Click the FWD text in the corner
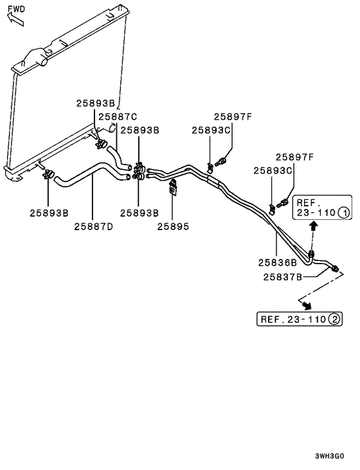[x=18, y=9]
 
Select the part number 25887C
[x=118, y=116]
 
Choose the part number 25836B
[x=277, y=262]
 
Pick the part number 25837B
[x=283, y=277]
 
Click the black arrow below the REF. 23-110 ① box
[x=314, y=226]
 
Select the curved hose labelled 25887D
[x=90, y=173]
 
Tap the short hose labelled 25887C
[x=117, y=156]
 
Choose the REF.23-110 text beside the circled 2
[x=293, y=319]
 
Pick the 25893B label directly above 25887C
[x=96, y=103]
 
